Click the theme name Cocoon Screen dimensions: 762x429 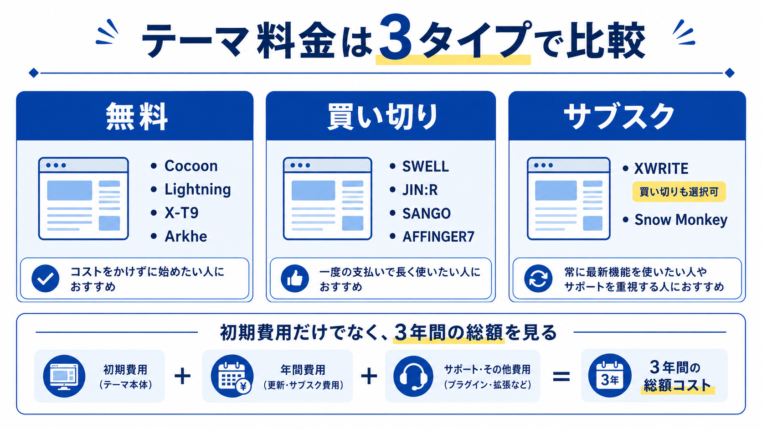pyautogui.click(x=191, y=166)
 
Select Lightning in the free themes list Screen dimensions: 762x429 pyautogui.click(x=198, y=190)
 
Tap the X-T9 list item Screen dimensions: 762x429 pyautogui.click(x=181, y=213)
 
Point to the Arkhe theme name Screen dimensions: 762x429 pyautogui.click(x=186, y=237)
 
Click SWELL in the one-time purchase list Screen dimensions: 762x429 pyautogui.click(x=425, y=167)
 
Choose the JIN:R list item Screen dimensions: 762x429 pyautogui.click(x=420, y=190)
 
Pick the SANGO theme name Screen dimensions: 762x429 pyautogui.click(x=426, y=214)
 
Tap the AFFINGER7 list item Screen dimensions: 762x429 pyautogui.click(x=438, y=237)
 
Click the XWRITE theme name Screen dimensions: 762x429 pyautogui.click(x=661, y=169)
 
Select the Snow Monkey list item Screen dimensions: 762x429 pyautogui.click(x=681, y=220)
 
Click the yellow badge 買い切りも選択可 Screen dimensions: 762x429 pyautogui.click(x=679, y=192)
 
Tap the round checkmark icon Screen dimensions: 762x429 pyautogui.click(x=45, y=278)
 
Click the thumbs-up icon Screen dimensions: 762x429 pyautogui.click(x=294, y=278)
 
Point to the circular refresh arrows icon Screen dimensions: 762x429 pyautogui.click(x=538, y=278)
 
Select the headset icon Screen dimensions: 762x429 pyautogui.click(x=413, y=376)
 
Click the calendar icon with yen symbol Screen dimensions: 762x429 pyautogui.click(x=232, y=376)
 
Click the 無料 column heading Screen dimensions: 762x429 pyautogui.click(x=137, y=117)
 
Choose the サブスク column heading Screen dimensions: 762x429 pyautogui.click(x=619, y=116)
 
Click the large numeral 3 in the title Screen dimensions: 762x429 pyautogui.click(x=395, y=37)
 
